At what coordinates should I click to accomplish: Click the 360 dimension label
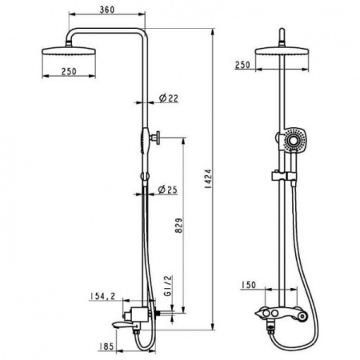pos(107,10)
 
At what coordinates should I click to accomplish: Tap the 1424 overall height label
pos(208,179)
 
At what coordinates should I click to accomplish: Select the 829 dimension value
pos(179,226)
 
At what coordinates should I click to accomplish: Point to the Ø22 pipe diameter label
pos(169,98)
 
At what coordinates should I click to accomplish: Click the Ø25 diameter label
pos(167,190)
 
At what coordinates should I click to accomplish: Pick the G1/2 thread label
pos(169,286)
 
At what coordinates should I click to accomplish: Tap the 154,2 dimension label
pos(102,296)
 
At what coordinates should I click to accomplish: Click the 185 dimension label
pos(106,346)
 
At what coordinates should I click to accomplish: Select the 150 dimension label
pos(248,285)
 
